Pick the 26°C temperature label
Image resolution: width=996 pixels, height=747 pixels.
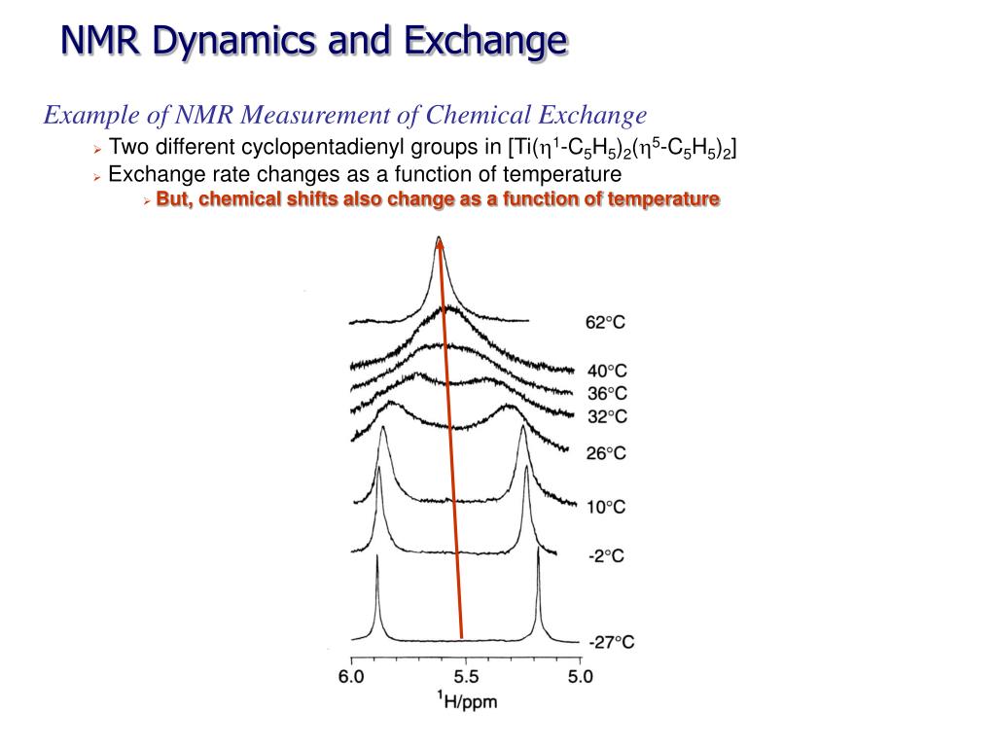[x=606, y=452]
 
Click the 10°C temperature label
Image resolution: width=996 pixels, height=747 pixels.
[x=605, y=507]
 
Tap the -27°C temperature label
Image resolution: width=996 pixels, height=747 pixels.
[x=612, y=642]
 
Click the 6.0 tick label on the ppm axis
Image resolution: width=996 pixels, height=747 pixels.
[x=351, y=676]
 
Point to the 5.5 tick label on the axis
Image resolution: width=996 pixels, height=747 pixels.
[x=466, y=676]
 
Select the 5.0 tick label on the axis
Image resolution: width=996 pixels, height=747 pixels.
[x=580, y=676]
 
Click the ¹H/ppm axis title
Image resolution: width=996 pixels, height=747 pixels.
[x=466, y=699]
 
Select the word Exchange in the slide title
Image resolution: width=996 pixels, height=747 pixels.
[x=485, y=41]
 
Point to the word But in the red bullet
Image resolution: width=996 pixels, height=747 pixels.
[x=171, y=199]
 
